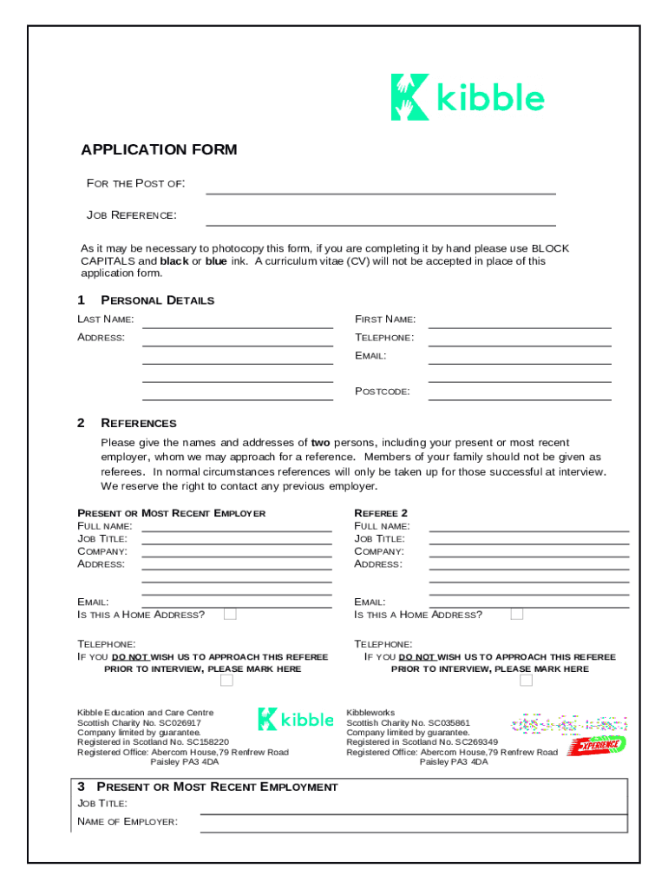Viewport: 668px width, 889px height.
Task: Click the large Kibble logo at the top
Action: (x=468, y=97)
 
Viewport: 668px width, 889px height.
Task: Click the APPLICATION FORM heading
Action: (x=159, y=150)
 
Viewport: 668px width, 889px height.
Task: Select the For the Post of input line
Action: (x=380, y=187)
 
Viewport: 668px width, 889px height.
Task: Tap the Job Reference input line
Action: (x=380, y=218)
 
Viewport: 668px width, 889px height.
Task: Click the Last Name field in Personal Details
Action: (x=237, y=322)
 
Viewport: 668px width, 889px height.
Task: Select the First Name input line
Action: (x=520, y=322)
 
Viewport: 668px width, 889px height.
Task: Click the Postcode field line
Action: (x=520, y=394)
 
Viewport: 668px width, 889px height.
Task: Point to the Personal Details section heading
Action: (x=157, y=300)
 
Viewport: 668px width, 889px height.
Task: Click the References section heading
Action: (x=138, y=424)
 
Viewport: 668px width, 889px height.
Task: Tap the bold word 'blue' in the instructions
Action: (x=216, y=260)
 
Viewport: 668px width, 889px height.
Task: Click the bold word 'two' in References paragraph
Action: (x=321, y=443)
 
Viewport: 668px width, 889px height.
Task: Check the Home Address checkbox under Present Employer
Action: (x=230, y=615)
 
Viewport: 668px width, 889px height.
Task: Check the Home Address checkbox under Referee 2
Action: (x=517, y=615)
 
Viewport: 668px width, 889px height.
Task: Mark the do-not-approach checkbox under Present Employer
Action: (x=226, y=681)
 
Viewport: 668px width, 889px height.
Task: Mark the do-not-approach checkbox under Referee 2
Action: (x=526, y=681)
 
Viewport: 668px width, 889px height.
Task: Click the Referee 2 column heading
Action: (x=381, y=513)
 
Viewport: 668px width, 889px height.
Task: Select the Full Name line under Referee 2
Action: (x=528, y=525)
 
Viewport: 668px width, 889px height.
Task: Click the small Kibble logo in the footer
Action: (x=295, y=720)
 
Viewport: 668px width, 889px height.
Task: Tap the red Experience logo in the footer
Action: (x=597, y=744)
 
